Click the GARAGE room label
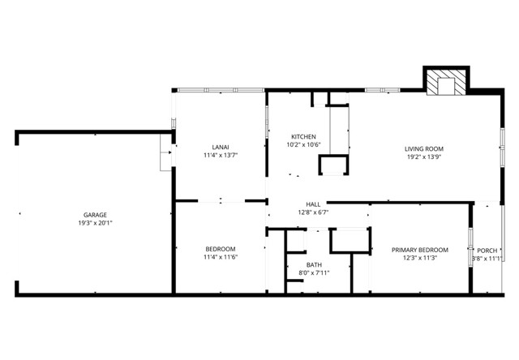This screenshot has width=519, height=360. [95, 215]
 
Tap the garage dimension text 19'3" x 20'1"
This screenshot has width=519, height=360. [95, 223]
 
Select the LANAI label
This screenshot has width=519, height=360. [220, 147]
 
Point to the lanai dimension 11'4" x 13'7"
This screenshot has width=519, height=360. [220, 155]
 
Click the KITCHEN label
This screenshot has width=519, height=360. [303, 136]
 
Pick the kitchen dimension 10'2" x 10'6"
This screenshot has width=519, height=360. [303, 144]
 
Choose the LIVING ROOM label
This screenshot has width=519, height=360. [424, 148]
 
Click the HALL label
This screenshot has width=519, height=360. [312, 204]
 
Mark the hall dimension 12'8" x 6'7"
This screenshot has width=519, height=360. [312, 212]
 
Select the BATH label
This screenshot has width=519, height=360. [314, 264]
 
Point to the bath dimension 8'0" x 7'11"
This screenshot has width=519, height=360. [314, 272]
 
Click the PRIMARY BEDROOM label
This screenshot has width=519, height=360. [419, 250]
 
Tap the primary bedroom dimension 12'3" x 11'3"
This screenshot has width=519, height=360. [419, 258]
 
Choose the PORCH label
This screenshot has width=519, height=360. [487, 251]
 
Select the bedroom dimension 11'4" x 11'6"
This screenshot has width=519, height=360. [220, 257]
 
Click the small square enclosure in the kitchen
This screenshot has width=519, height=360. [332, 166]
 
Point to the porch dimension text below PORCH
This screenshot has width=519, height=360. [487, 259]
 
